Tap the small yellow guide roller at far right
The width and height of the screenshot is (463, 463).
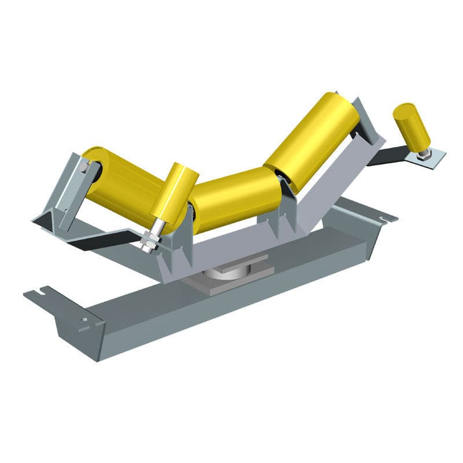(x=411, y=127)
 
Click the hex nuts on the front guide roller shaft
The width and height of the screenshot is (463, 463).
(x=150, y=237)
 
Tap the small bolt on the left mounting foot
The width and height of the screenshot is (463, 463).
(x=85, y=319)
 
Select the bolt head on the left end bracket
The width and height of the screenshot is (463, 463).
(x=86, y=168)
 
